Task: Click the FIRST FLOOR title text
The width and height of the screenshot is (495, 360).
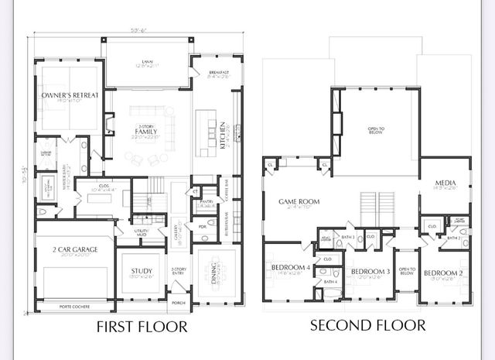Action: pyautogui.click(x=142, y=326)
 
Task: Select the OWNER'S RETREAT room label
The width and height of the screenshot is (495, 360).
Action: pyautogui.click(x=70, y=96)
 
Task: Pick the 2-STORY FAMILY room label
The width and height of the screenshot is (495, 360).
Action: pyautogui.click(x=146, y=132)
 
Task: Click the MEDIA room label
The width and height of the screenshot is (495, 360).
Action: pyautogui.click(x=442, y=183)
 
